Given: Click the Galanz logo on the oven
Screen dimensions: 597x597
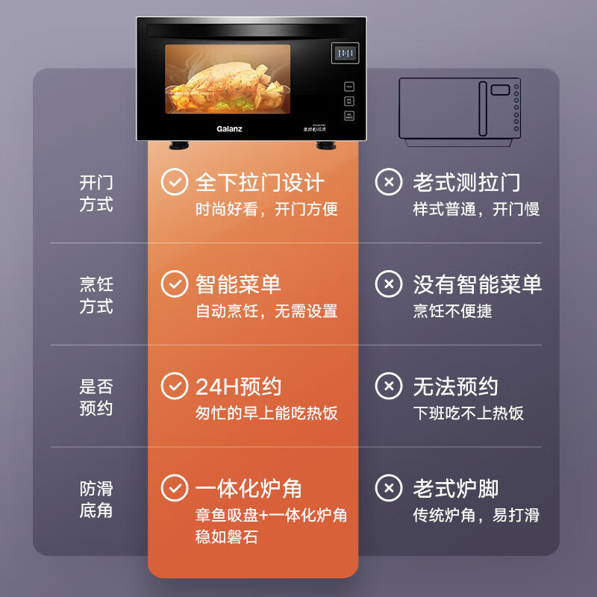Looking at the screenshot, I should click(x=229, y=128).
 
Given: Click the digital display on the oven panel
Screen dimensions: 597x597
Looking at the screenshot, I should click(x=345, y=54).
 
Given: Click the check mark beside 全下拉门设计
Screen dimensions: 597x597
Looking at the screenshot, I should click(x=175, y=182).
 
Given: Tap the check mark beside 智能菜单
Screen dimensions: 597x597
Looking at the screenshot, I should click(x=175, y=284).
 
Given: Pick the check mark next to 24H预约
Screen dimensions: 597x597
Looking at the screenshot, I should click(x=175, y=387).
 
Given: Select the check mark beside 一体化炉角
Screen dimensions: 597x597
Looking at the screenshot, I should click(x=175, y=489).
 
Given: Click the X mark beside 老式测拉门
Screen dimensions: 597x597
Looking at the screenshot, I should click(x=388, y=182).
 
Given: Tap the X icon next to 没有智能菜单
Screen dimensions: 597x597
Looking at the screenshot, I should click(x=388, y=284).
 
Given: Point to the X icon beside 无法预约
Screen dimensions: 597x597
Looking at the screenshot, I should click(x=388, y=387).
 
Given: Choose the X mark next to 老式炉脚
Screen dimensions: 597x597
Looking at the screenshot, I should click(x=388, y=489).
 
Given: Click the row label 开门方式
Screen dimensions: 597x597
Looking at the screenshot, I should click(x=96, y=193).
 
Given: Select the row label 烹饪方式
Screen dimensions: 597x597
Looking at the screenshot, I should click(x=96, y=296).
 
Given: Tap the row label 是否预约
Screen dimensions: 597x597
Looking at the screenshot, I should click(x=96, y=398).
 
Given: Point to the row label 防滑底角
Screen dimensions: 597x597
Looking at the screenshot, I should click(x=96, y=500).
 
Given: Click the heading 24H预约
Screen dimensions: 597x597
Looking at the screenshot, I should click(x=238, y=387).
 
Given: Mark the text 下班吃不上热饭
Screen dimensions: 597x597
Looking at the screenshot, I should click(x=469, y=413).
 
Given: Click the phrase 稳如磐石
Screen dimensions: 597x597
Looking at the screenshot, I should click(x=227, y=537).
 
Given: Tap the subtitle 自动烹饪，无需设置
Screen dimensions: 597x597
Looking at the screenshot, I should click(x=266, y=311).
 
